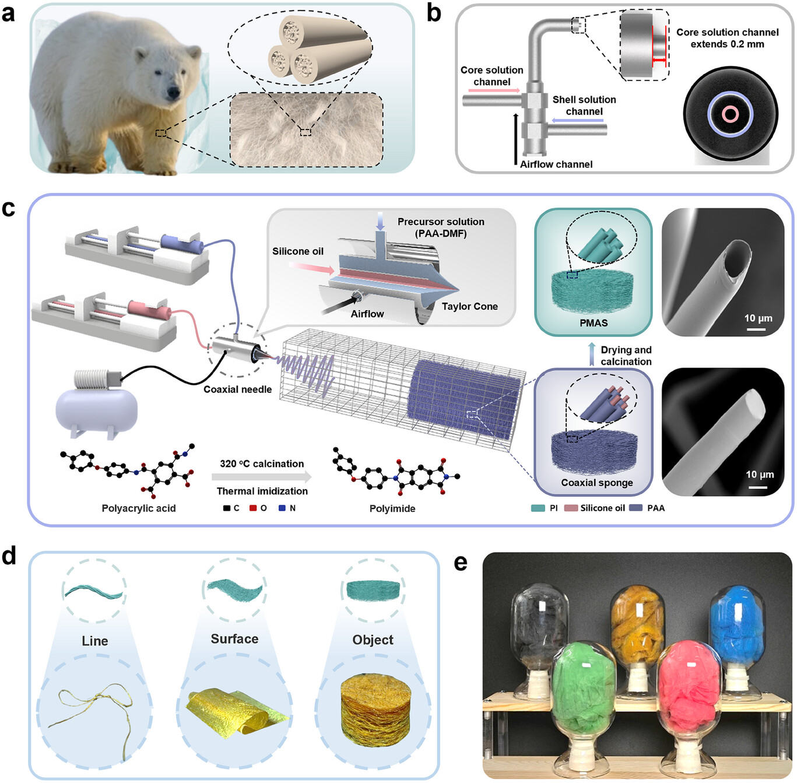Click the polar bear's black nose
pos(173,92)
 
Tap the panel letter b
pos(434,13)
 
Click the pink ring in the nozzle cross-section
pos(730,114)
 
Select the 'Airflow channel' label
pos(556,164)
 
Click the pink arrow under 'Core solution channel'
pos(493,91)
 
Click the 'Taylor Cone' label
pos(469,307)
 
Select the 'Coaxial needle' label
pos(237,389)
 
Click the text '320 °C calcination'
pos(262,464)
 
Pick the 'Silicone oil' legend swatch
pos(571,508)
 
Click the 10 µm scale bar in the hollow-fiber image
pos(756,329)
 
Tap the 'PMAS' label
pos(594,323)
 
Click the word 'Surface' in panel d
pos(234,639)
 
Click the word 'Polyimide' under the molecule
pos(392,508)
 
